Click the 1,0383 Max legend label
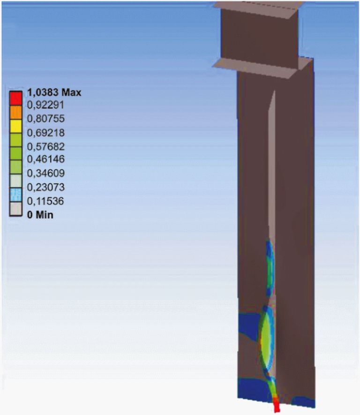54,92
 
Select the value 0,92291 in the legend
46,105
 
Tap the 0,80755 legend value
46,118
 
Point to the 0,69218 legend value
46,132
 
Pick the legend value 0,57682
46,146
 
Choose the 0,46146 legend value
46,159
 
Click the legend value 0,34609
46,173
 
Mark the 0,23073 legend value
46,187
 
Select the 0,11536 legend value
45,201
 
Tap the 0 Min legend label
40,215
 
